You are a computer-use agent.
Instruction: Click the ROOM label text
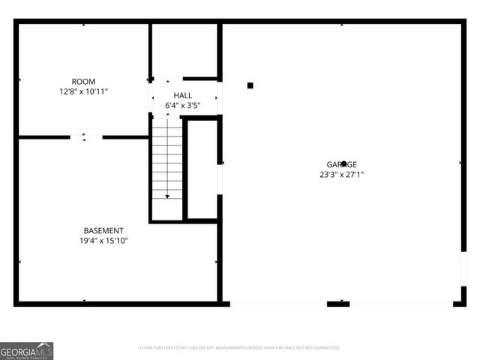83,81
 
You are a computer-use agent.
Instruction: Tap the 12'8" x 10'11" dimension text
83,91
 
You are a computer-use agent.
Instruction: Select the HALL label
183,95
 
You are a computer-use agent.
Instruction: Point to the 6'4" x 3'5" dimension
183,106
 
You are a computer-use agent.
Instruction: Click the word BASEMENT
103,230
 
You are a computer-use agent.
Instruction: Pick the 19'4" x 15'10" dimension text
103,241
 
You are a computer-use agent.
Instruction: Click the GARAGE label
341,164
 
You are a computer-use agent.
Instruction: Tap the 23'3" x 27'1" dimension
341,175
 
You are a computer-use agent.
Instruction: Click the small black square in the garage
250,85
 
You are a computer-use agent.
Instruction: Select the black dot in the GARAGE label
343,163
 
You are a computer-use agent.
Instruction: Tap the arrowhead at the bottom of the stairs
167,196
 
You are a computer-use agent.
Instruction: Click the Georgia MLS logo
26,350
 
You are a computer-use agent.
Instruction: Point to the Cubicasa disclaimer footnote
240,348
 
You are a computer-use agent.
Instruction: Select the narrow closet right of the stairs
202,169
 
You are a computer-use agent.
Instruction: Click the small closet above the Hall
184,50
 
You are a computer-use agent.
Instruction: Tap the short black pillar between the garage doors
338,304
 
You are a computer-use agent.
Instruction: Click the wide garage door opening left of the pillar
278,304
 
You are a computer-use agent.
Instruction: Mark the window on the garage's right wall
463,268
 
